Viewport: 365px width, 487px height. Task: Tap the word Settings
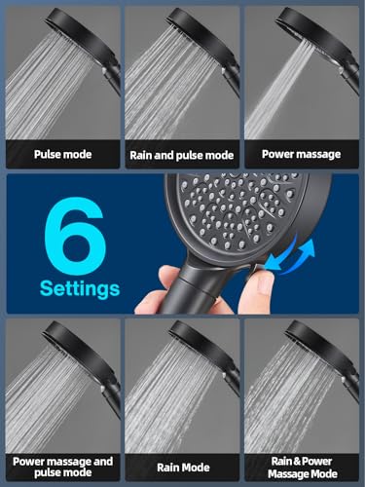80,289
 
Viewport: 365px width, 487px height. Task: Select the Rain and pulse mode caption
181,154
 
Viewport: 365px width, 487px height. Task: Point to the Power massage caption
302,153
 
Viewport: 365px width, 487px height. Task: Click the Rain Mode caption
181,467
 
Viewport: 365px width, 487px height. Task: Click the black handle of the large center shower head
195,292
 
